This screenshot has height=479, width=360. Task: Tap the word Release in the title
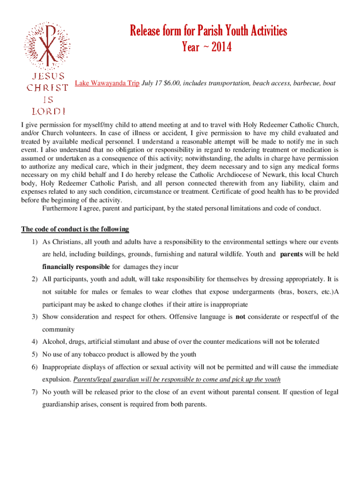147,31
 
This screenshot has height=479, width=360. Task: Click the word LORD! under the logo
48,111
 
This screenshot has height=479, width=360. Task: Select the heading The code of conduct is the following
75,229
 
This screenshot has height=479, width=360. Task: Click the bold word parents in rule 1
291,254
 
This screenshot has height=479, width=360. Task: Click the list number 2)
35,279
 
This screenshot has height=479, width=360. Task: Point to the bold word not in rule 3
240,317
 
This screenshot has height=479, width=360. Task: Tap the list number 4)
35,341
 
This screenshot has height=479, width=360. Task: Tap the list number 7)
35,392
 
